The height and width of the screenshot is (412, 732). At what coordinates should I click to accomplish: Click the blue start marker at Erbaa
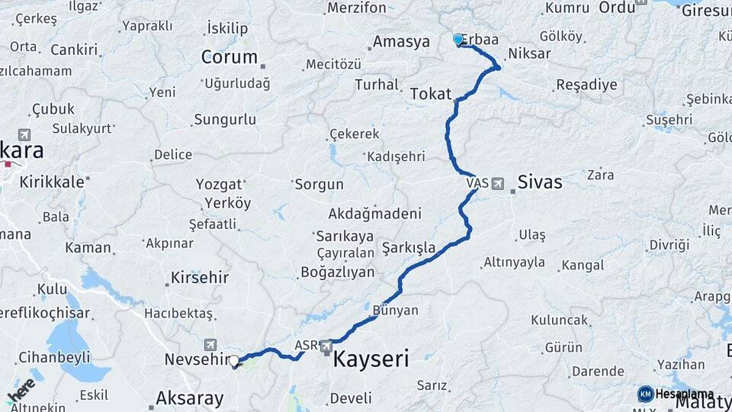coord(458,39)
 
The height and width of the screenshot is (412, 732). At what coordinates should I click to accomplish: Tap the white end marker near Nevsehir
coord(234,362)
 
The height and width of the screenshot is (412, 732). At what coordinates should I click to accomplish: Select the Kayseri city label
coord(371,358)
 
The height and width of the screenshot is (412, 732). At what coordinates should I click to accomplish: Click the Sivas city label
coord(539,182)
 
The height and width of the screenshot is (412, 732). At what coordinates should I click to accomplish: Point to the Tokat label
coord(431,94)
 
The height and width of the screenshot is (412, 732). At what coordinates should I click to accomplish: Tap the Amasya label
coord(401,42)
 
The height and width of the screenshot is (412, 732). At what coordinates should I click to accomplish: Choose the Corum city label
coord(229,57)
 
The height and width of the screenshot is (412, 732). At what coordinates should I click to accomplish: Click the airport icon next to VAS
coord(498,183)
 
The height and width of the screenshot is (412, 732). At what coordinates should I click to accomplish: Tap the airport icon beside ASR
coord(326,346)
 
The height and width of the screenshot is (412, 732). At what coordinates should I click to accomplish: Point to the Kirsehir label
coord(200,277)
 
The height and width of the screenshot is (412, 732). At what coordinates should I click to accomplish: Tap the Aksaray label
coord(189,398)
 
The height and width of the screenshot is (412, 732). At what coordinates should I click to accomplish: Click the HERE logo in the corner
coord(21,390)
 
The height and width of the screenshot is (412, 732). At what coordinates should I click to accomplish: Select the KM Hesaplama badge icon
coord(646,394)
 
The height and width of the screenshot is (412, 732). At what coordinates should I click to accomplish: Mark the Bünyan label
coord(396,311)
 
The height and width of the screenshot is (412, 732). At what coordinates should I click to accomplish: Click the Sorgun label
coord(319,184)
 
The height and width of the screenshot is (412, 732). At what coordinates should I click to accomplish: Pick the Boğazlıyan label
coord(337,272)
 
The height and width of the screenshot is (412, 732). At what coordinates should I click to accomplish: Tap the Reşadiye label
coord(586,85)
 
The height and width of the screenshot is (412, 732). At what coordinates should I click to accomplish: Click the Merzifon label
coord(357,8)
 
